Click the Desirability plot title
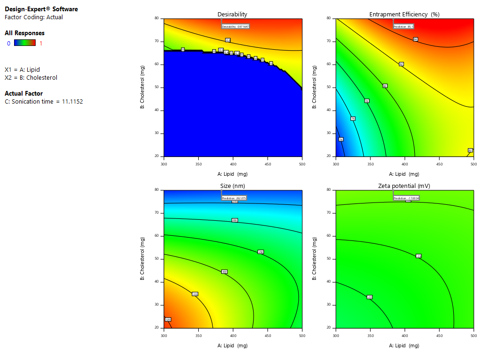point(232,15)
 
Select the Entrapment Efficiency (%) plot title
point(404,15)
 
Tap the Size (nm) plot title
point(232,186)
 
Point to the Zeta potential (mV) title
point(404,186)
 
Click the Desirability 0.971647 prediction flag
point(235,27)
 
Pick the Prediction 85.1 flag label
point(404,27)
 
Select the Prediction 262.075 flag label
point(234,198)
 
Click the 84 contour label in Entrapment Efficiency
point(415,39)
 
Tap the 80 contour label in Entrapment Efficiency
point(385,86)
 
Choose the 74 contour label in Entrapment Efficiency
point(341,139)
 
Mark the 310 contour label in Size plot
point(195,294)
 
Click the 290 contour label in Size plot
point(261,252)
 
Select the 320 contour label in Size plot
point(168,319)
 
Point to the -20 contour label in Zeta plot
point(369,297)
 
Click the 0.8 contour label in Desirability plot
point(228,40)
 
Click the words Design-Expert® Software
point(41,9)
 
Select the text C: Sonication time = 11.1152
point(44,101)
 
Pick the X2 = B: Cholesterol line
point(31,77)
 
